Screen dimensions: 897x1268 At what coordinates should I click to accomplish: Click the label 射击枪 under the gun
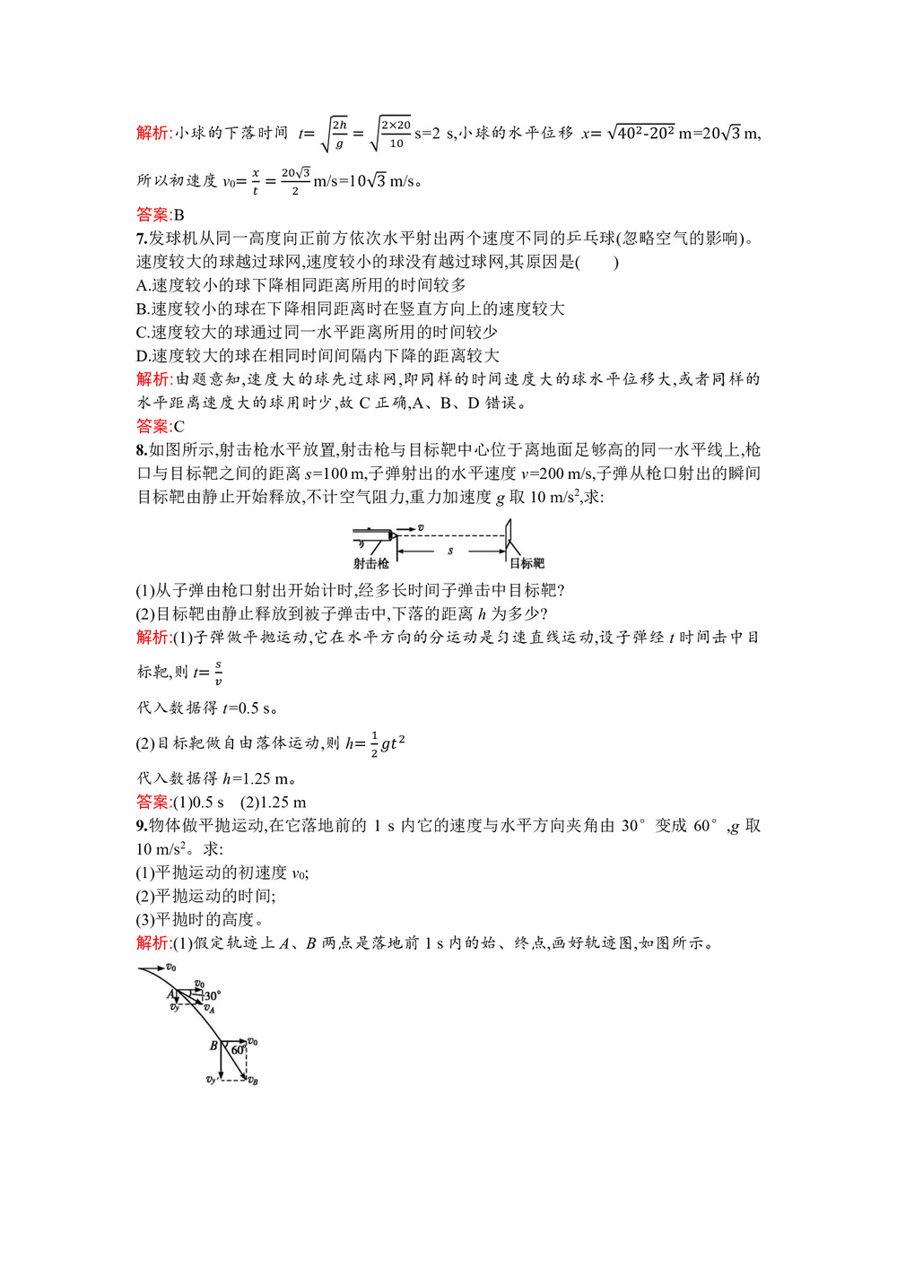(370, 563)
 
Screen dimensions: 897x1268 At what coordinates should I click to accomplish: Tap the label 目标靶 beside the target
(527, 563)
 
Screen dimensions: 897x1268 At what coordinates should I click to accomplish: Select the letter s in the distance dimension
(450, 550)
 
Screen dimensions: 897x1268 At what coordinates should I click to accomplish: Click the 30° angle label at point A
(213, 995)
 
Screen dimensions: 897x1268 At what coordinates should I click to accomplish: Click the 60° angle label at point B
(238, 1049)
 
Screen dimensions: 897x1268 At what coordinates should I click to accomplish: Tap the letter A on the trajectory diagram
(170, 994)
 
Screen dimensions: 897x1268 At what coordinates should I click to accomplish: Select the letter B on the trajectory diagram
(213, 1046)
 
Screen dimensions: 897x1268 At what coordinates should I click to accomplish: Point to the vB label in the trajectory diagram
(253, 1081)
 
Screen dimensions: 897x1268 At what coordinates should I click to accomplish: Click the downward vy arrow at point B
(221, 1063)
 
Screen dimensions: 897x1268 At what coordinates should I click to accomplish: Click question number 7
(141, 239)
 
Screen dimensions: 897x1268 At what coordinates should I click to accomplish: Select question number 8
(141, 450)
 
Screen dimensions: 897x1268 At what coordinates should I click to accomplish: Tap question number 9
(141, 826)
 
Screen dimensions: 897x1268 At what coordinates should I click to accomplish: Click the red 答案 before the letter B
(153, 215)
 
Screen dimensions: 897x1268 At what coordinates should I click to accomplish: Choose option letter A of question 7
(142, 285)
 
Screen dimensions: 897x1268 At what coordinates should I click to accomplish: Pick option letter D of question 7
(142, 356)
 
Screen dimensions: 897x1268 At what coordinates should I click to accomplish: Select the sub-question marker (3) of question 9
(145, 919)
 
